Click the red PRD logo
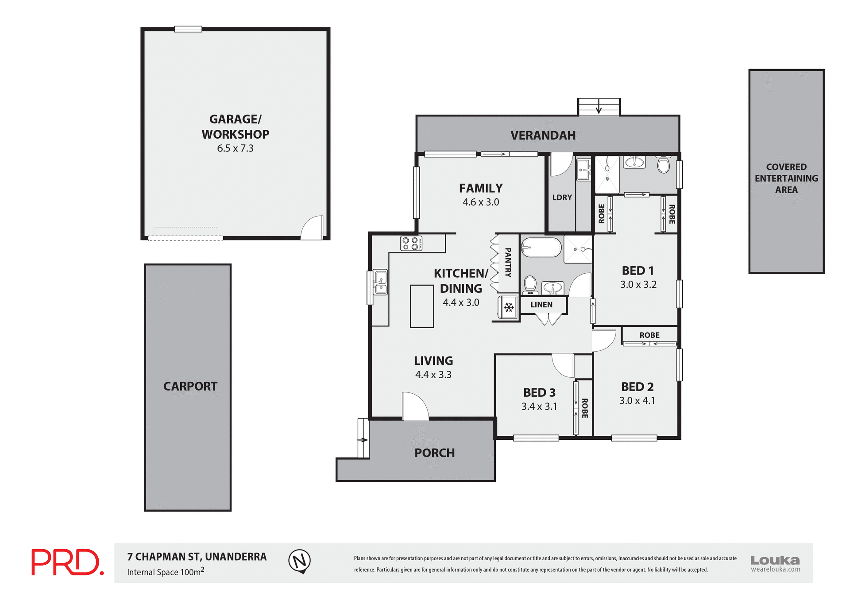(x=67, y=562)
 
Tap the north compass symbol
(x=300, y=561)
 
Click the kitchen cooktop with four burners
(x=411, y=243)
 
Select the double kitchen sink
(x=380, y=282)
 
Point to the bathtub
(x=541, y=248)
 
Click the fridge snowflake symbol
(x=509, y=307)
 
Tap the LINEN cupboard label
(x=541, y=305)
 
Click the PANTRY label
(x=508, y=263)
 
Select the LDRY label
(x=562, y=198)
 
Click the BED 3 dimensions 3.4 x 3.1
(x=539, y=406)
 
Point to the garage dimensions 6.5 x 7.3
(x=235, y=148)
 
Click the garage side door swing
(x=313, y=228)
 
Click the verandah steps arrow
(x=599, y=108)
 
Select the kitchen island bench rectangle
(x=421, y=306)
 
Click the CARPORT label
(x=190, y=386)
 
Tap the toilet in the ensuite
(x=663, y=166)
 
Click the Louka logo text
(x=775, y=560)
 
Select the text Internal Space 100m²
(x=166, y=572)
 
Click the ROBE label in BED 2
(x=649, y=335)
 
